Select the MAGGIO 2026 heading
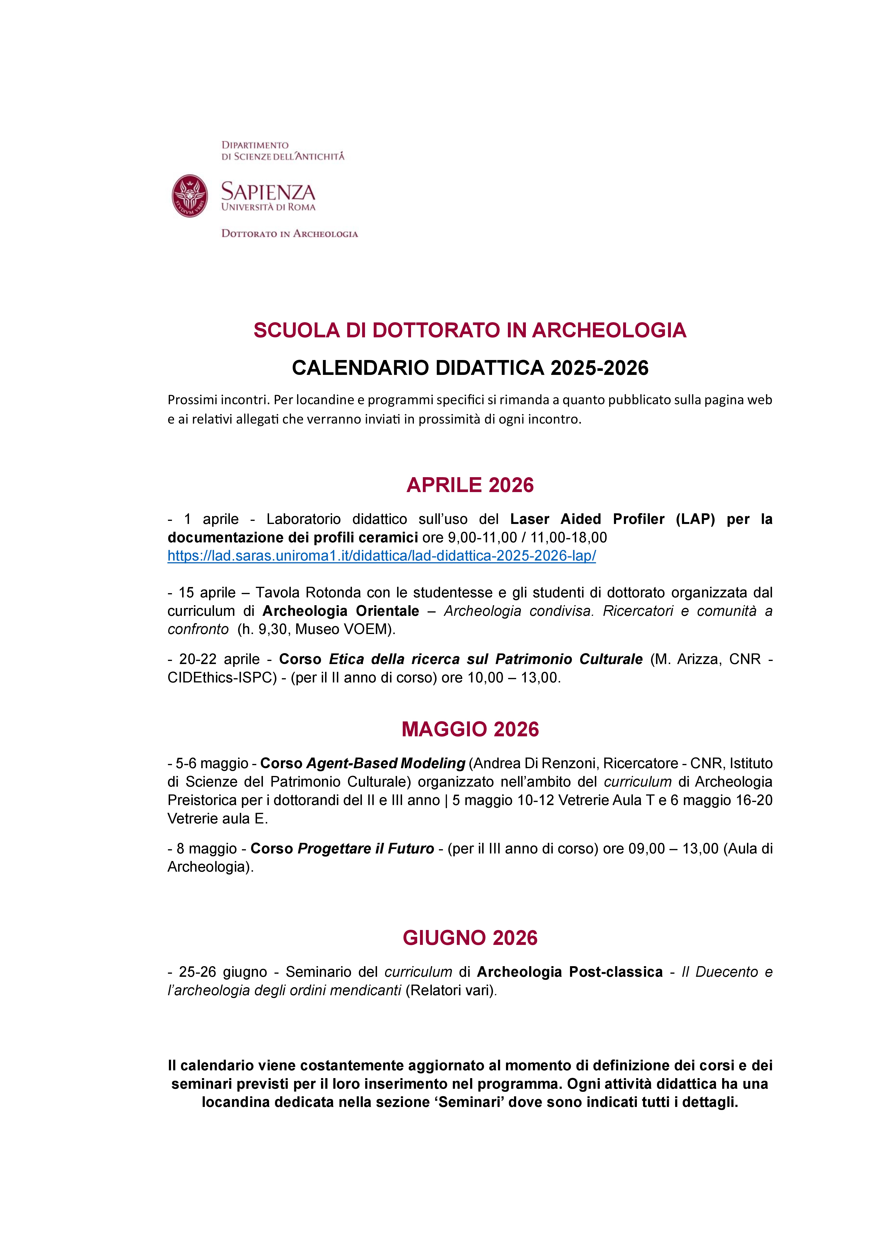(x=470, y=729)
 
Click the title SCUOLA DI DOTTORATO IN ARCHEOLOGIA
(x=470, y=330)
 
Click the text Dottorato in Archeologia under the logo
(x=290, y=234)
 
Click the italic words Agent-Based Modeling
(x=385, y=763)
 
